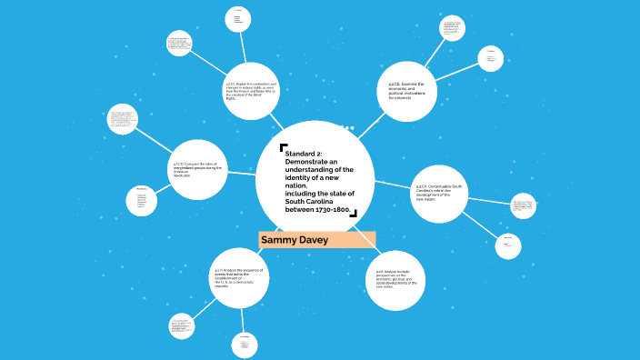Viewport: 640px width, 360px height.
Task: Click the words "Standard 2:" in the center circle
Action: (x=302, y=153)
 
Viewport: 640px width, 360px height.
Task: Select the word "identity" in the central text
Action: (x=300, y=177)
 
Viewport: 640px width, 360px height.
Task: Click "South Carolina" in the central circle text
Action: (x=312, y=202)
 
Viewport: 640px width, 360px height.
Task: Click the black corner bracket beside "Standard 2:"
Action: (x=284, y=146)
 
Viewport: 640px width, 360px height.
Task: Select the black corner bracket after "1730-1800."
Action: (x=354, y=214)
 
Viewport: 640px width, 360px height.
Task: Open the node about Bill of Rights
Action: (x=253, y=91)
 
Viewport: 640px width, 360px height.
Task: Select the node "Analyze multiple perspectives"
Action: (x=396, y=276)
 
